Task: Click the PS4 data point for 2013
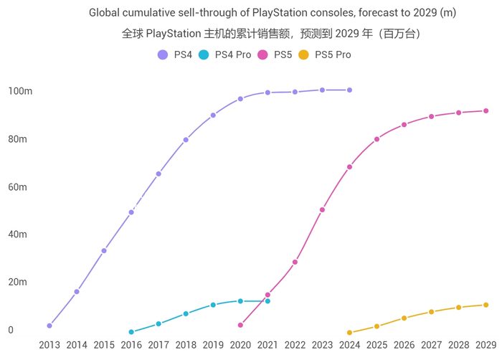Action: click(49, 326)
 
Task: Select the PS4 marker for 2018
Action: click(186, 140)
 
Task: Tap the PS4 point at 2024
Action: click(349, 90)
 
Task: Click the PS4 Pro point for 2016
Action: click(131, 332)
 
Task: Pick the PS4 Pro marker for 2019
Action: click(213, 305)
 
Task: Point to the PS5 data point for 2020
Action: click(240, 325)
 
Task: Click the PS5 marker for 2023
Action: click(322, 210)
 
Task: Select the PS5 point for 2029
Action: click(486, 111)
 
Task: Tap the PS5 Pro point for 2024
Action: click(349, 333)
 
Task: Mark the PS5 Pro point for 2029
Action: click(486, 305)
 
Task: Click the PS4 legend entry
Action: click(174, 55)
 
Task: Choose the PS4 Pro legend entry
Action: click(224, 55)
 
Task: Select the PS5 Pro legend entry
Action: click(324, 55)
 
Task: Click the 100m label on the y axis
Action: click(20, 91)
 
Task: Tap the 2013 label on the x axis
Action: click(49, 345)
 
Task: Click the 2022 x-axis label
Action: click(295, 345)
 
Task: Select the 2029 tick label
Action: click(486, 345)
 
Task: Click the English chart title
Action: click(273, 13)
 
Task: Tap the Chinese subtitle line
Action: click(273, 34)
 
